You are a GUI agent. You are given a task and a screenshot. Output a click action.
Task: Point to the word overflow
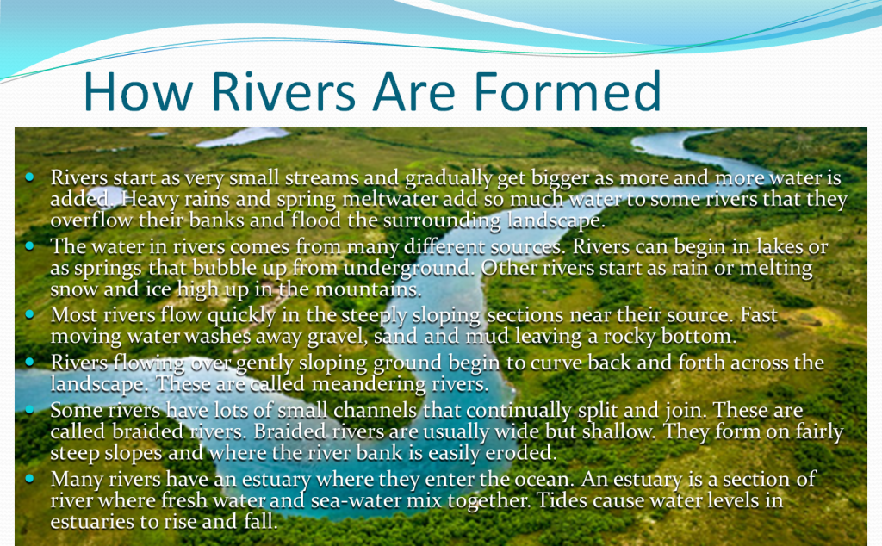(x=86, y=220)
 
